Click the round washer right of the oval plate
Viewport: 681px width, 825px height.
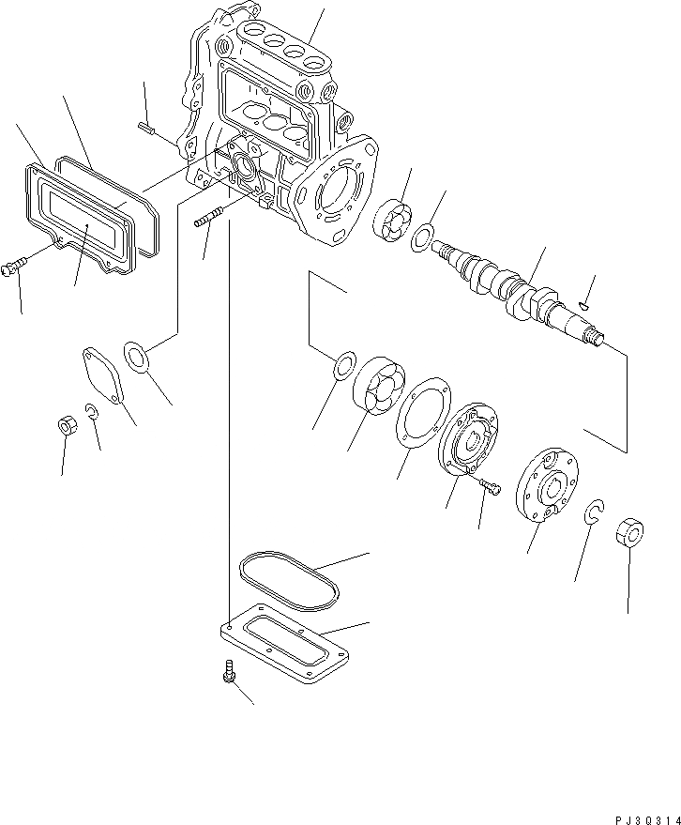pyautogui.click(x=138, y=358)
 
